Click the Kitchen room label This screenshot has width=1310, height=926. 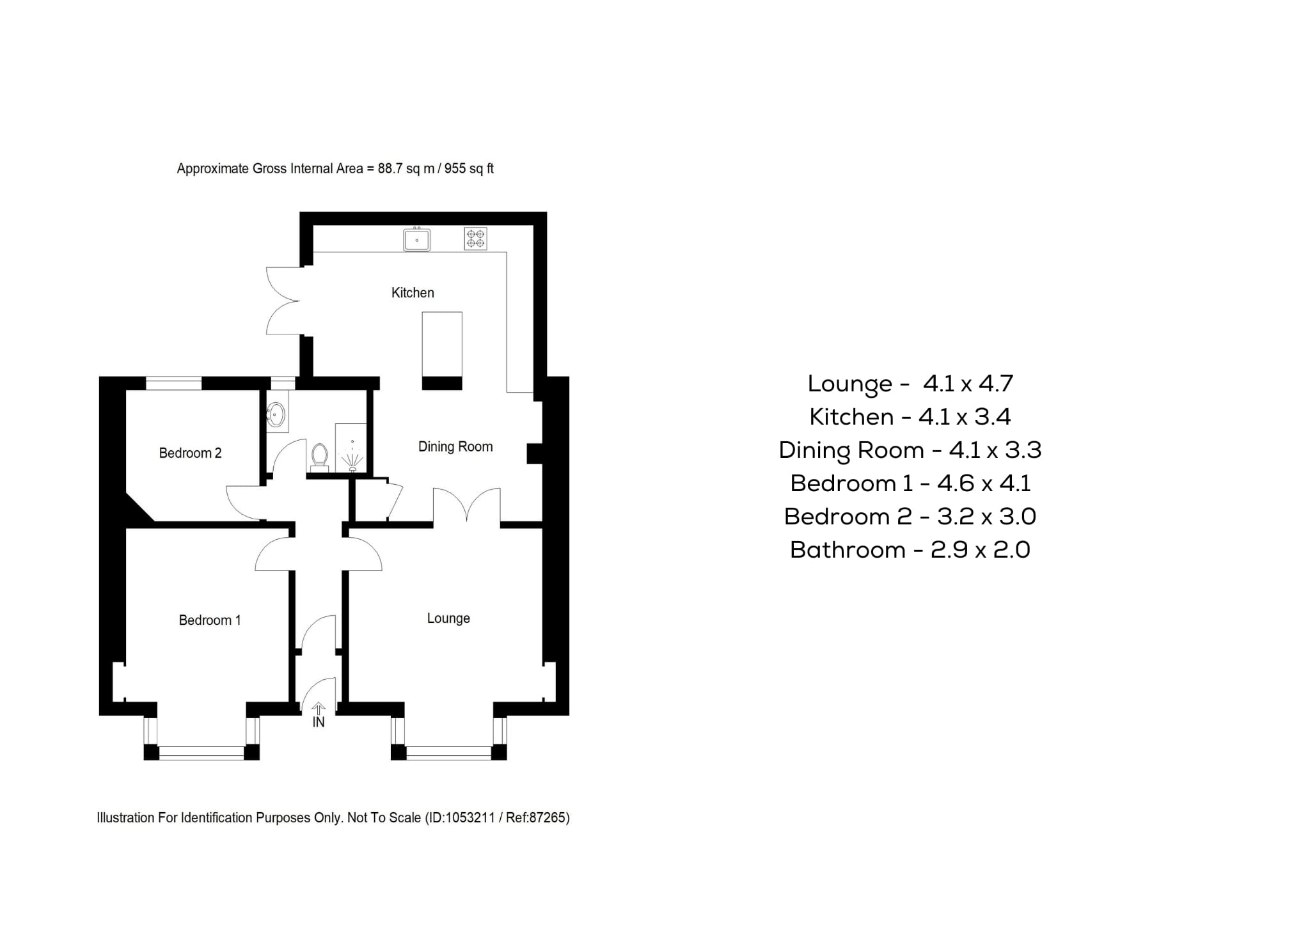[413, 293]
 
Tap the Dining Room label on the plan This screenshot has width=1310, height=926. [455, 447]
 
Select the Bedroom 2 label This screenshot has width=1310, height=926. [190, 453]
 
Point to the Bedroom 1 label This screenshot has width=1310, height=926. [210, 620]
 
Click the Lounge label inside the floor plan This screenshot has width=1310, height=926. [448, 618]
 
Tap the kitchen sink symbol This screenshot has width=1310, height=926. [416, 240]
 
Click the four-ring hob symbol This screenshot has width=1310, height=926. [475, 239]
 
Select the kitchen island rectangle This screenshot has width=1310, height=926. [442, 345]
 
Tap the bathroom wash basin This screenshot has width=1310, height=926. [276, 414]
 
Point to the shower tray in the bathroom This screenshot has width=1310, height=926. [351, 448]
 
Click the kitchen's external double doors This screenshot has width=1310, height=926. [281, 301]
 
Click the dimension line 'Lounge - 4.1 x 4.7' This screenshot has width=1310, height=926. [910, 384]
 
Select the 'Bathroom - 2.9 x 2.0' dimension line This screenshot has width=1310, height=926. [910, 550]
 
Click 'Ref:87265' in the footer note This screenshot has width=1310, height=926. [536, 818]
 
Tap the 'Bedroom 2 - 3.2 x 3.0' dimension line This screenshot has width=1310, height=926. [910, 517]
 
